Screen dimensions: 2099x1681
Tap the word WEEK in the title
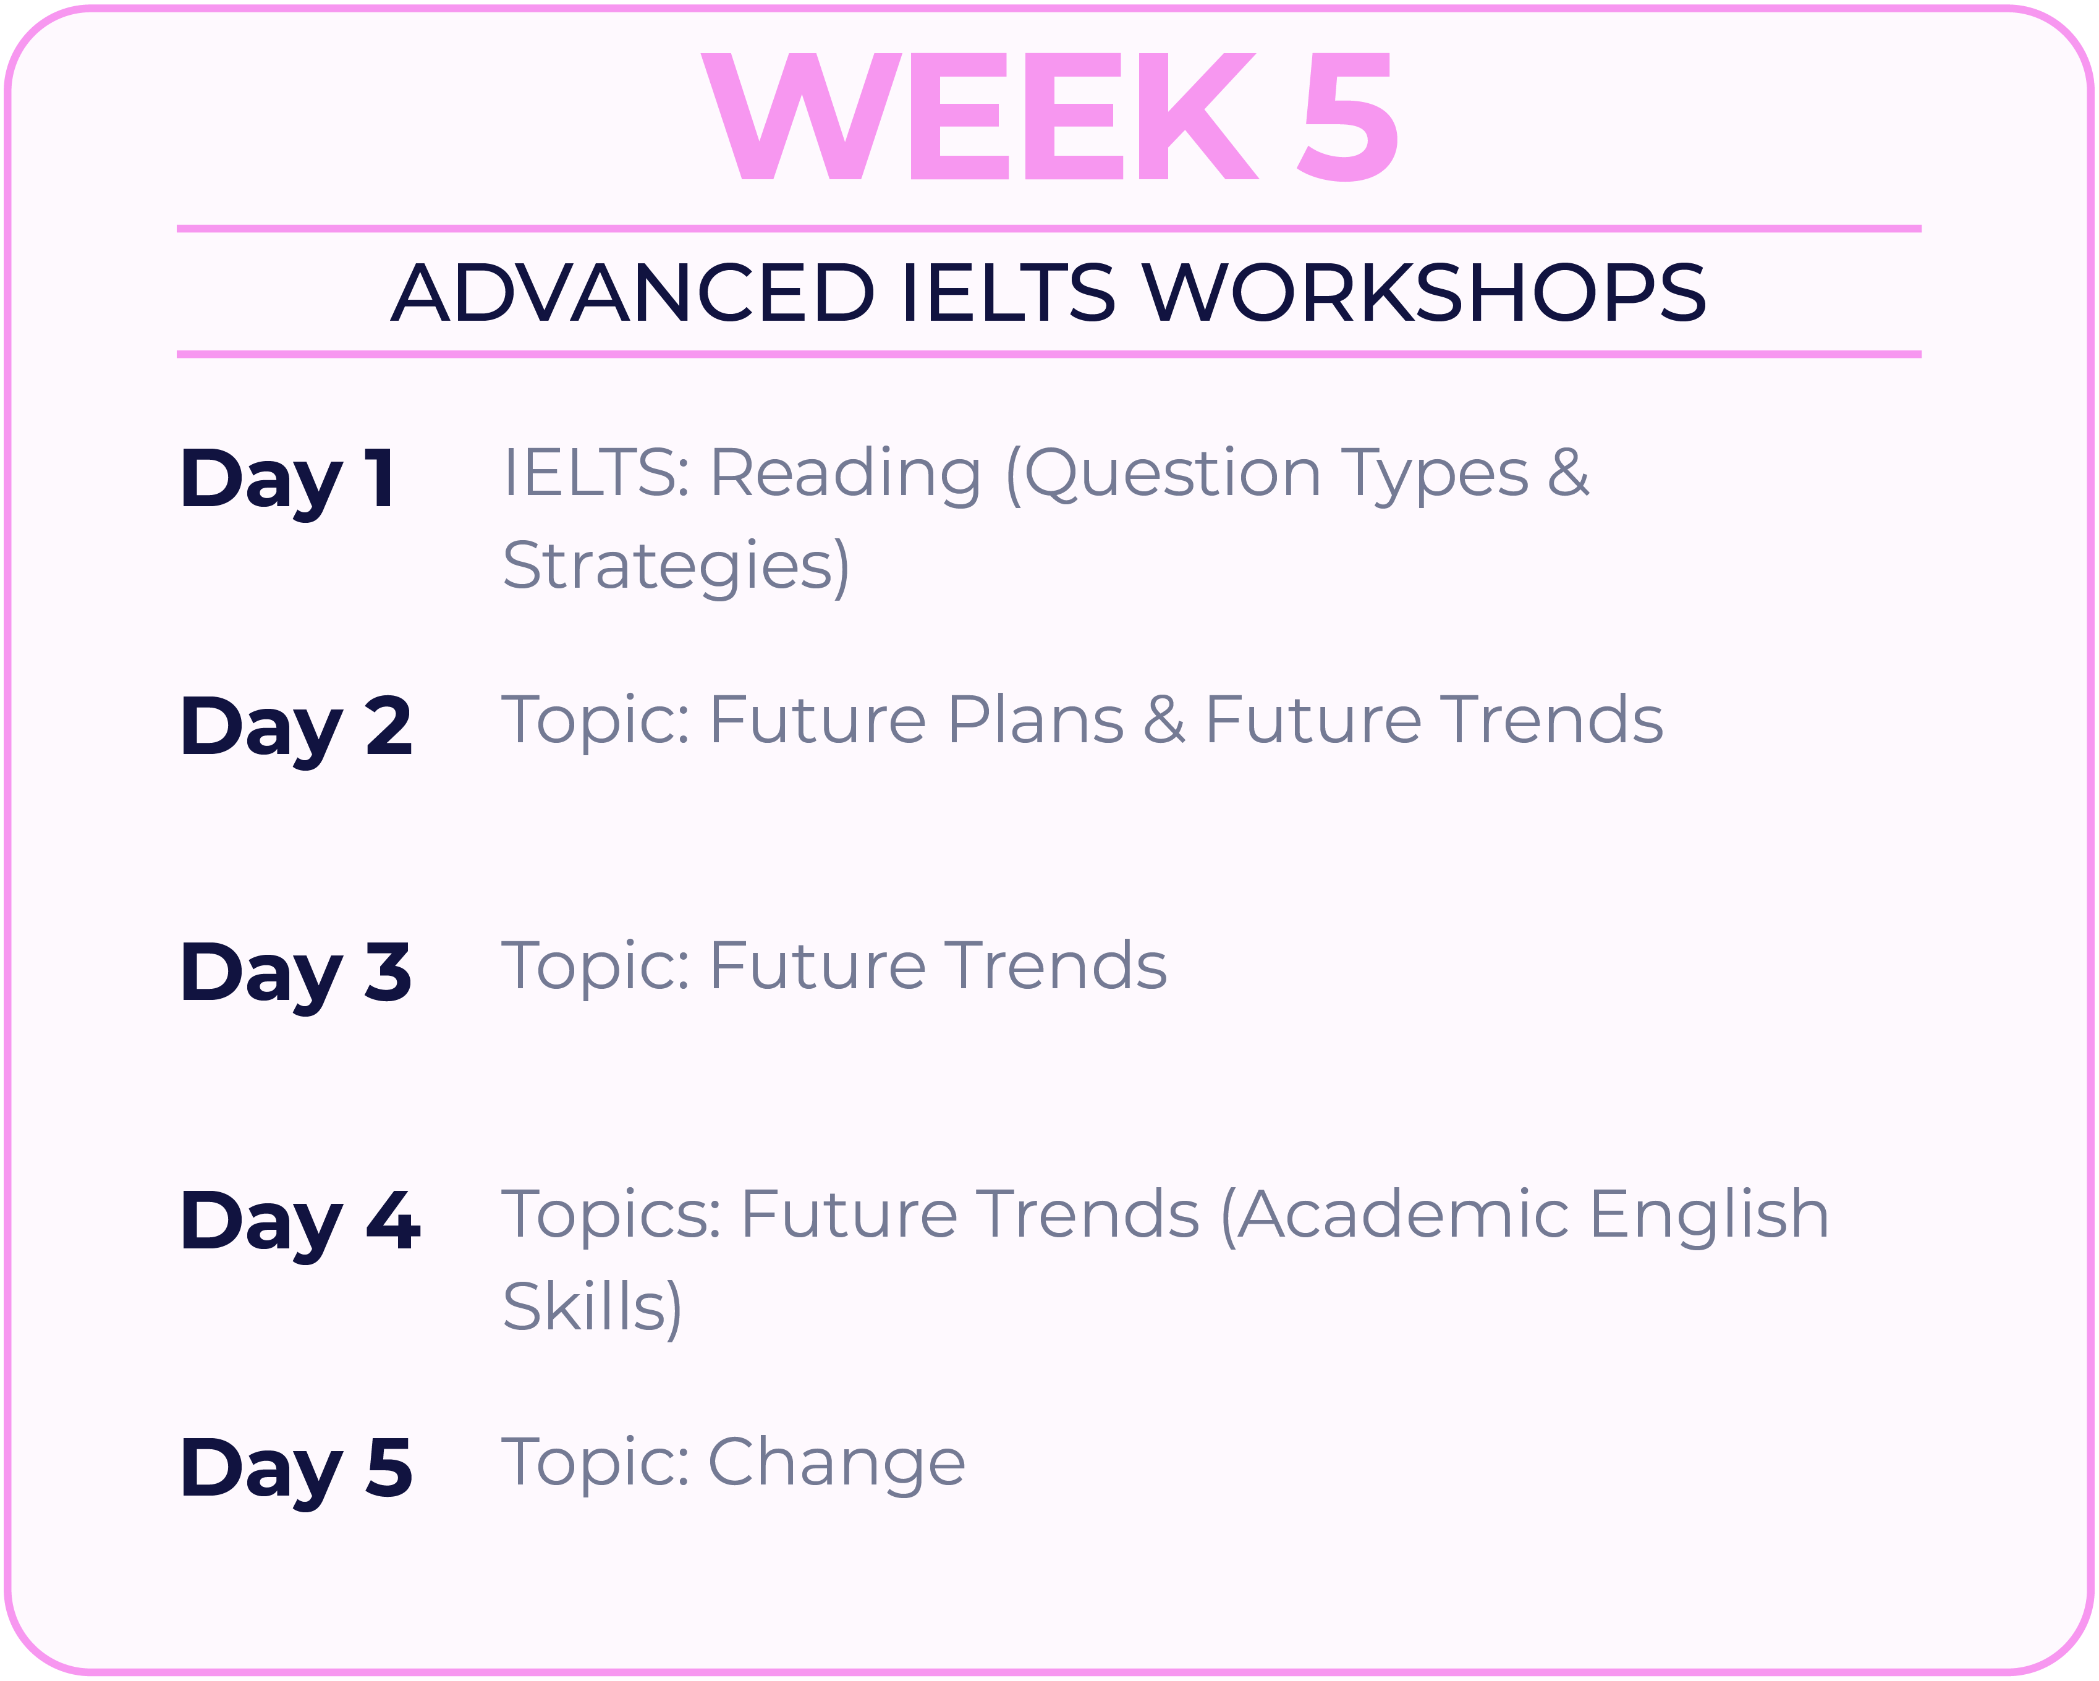pos(980,117)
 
